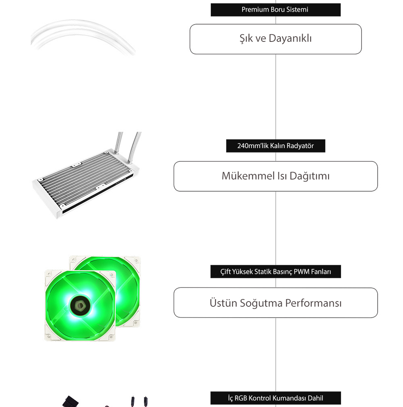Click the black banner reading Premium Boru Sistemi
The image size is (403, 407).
coord(275,10)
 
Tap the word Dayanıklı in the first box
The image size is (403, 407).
coord(290,39)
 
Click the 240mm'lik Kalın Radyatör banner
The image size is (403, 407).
coord(275,146)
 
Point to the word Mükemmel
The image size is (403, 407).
coord(248,176)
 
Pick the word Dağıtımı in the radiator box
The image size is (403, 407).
coord(310,176)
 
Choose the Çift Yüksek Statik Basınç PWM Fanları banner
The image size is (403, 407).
coord(275,271)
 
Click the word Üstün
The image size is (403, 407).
coord(223,303)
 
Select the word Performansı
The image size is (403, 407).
coord(314,303)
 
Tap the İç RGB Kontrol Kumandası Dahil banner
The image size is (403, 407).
coord(275,398)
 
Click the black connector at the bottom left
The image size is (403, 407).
coord(70,401)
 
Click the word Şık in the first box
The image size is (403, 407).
coord(246,39)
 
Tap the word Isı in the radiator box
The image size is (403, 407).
coord(282,176)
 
